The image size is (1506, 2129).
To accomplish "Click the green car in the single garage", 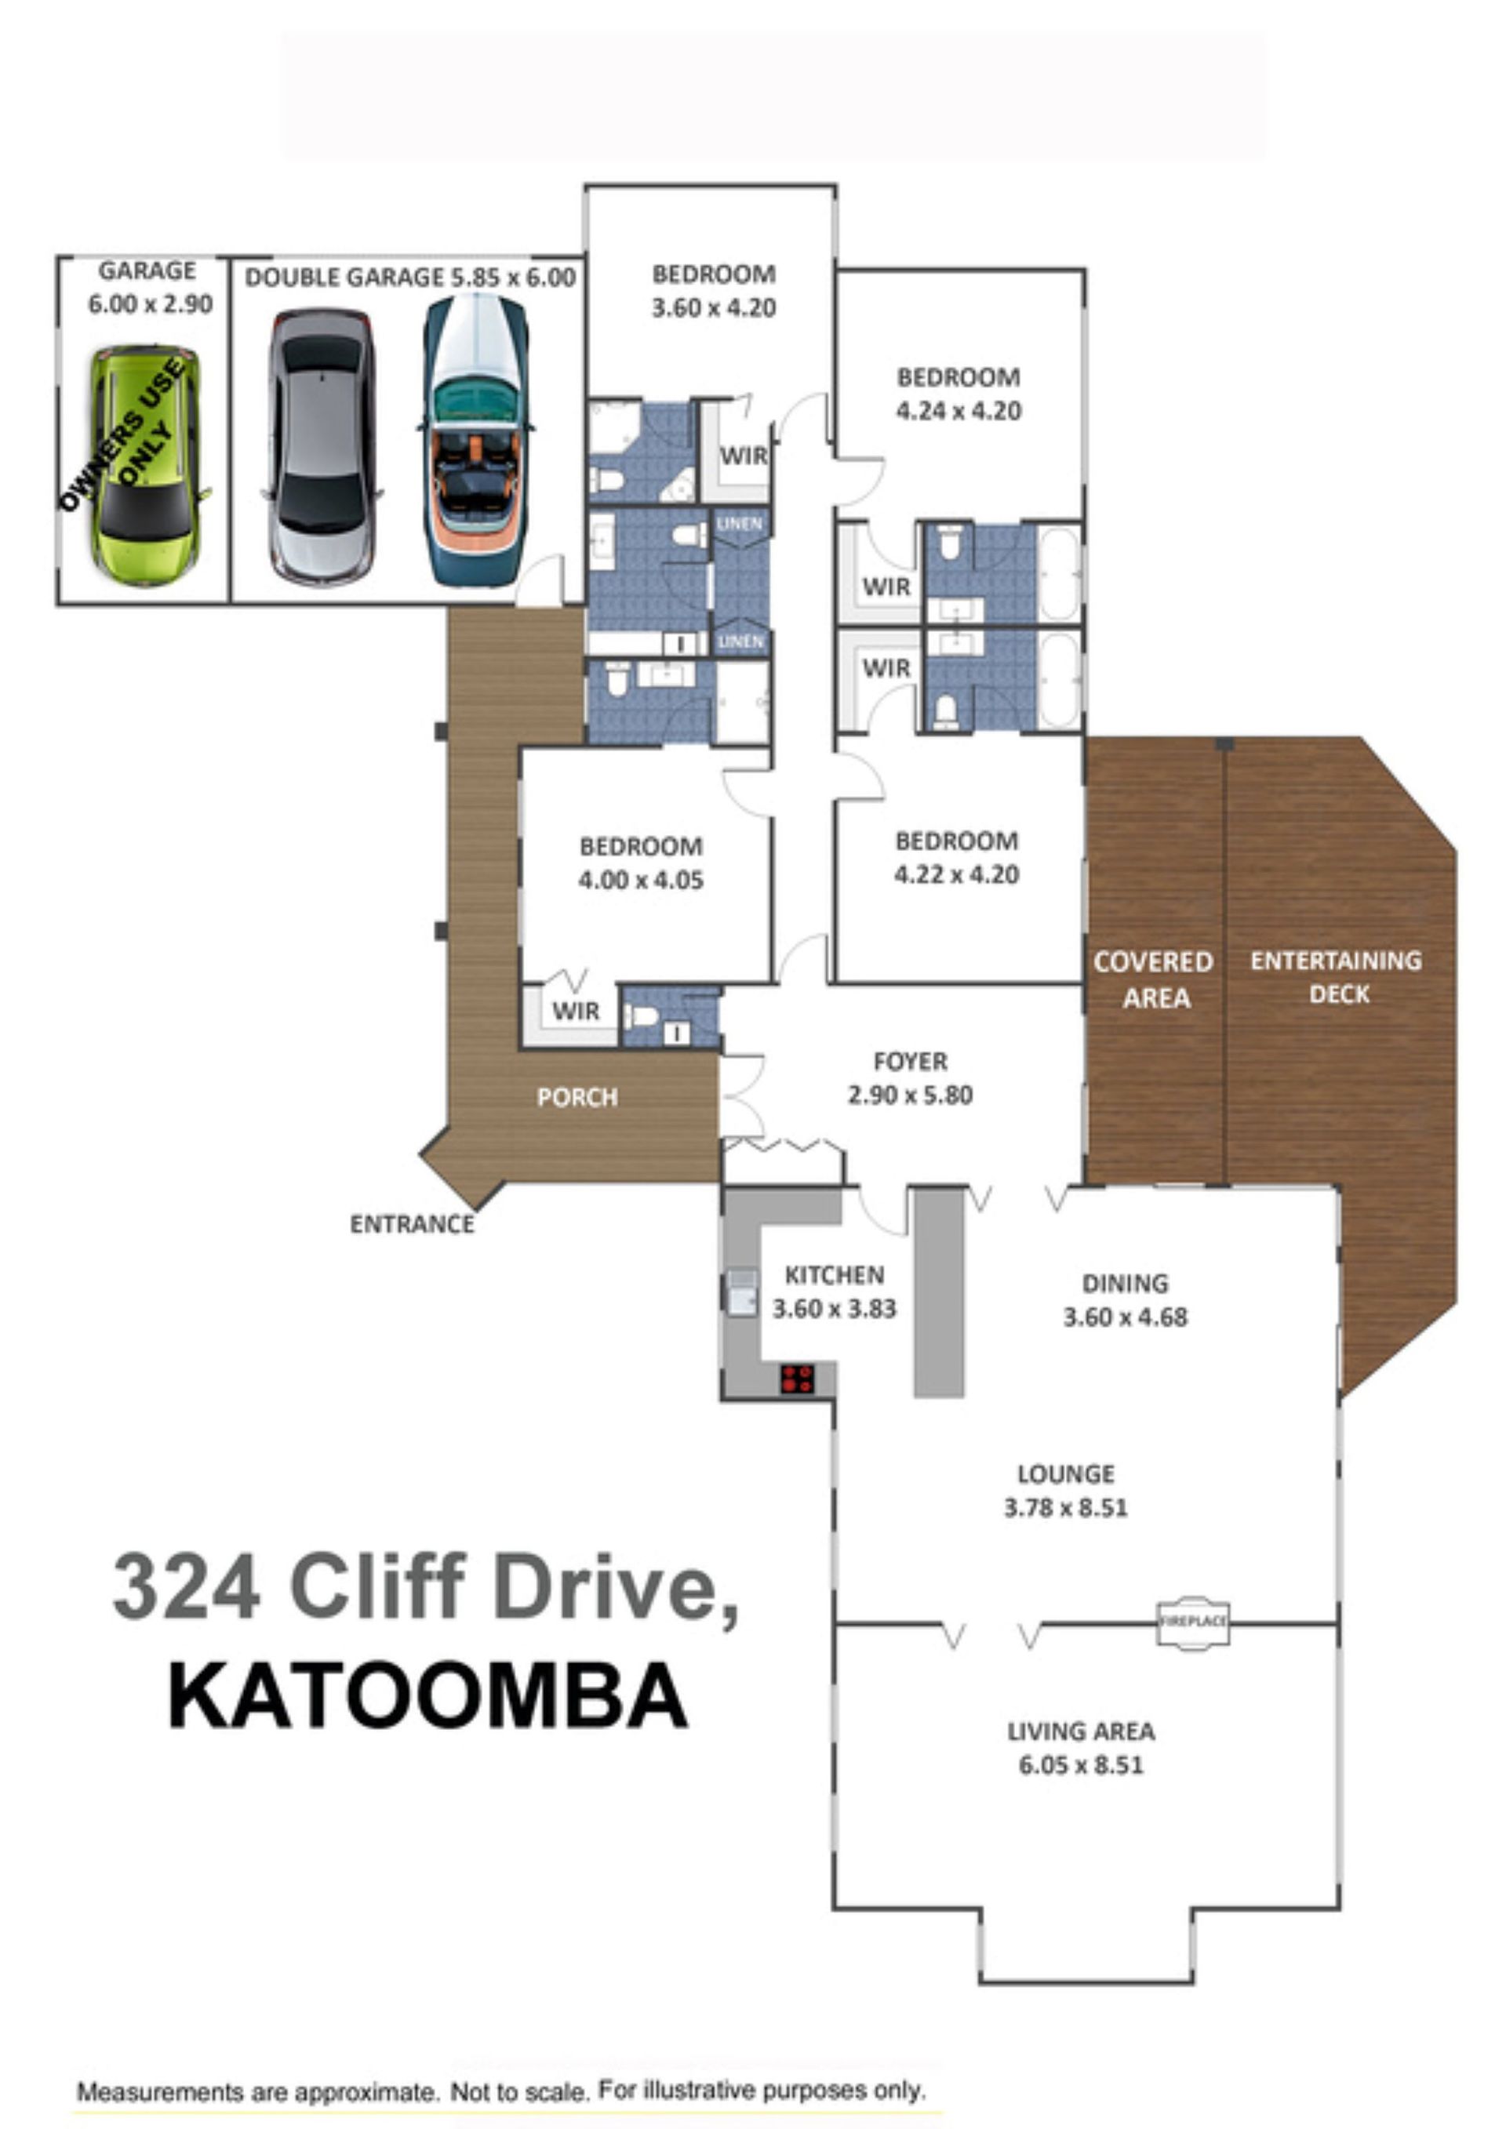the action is tap(147, 466).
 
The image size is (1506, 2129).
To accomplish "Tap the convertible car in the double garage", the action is tap(476, 440).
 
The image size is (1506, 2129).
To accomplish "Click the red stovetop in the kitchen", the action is tap(797, 1379).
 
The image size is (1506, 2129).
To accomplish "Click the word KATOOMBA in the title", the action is tap(428, 1696).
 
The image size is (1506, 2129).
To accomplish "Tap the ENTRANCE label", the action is tap(412, 1224).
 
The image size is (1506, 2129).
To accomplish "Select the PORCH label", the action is tap(577, 1097).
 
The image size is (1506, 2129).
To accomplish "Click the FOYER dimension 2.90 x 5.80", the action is tap(910, 1095).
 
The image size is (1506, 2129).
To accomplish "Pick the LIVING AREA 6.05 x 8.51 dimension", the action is tap(1082, 1765).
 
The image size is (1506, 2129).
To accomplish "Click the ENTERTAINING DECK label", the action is tap(1337, 977).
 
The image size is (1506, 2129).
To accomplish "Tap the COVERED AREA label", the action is tap(1154, 980).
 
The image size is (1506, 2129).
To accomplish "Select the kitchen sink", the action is tap(741, 1292).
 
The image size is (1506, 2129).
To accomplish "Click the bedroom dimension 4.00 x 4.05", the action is tap(641, 880).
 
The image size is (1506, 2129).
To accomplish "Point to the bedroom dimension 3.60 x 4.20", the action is tap(713, 308).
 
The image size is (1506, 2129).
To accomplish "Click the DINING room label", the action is tap(1125, 1284).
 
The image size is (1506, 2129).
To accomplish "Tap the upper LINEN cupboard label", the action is tap(739, 524).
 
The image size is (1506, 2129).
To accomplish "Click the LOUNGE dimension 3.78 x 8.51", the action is tap(1065, 1508).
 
